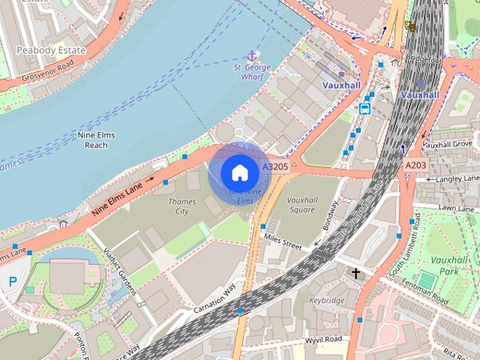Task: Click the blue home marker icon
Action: pyautogui.click(x=239, y=173)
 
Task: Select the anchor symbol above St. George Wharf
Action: pyautogui.click(x=251, y=55)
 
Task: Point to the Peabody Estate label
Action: pyautogui.click(x=50, y=50)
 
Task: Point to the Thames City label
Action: pyautogui.click(x=182, y=206)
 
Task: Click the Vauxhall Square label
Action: pyautogui.click(x=292, y=205)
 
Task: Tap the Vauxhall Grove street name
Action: pyautogui.click(x=447, y=143)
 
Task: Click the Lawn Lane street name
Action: pyautogui.click(x=457, y=207)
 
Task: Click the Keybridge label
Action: pyautogui.click(x=326, y=300)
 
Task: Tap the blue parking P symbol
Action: pyautogui.click(x=12, y=282)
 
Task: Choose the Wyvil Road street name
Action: pyautogui.click(x=324, y=339)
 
